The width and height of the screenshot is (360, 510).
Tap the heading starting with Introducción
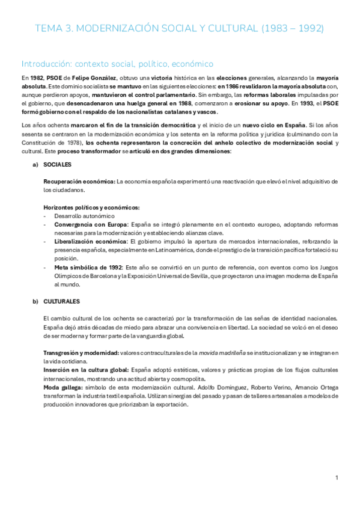[x=117, y=63]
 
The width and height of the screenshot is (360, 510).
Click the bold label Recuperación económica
[x=79, y=181]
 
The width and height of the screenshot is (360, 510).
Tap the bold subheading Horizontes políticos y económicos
[x=91, y=207]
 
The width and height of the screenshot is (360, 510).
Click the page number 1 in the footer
[x=337, y=478]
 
